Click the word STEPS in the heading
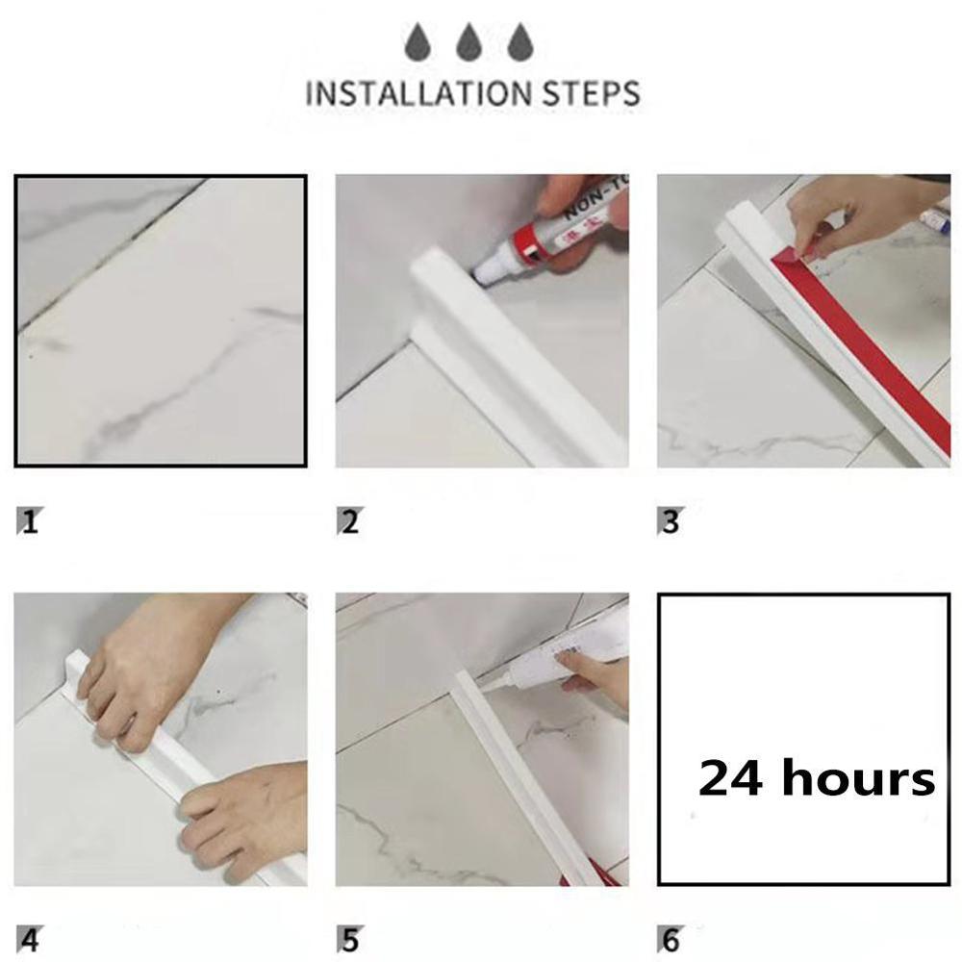tap(586, 93)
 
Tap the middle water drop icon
tap(469, 43)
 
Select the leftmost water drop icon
tap(418, 43)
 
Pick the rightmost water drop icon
tap(520, 43)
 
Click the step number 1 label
tap(30, 522)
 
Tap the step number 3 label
tap(671, 522)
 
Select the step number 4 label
tap(30, 939)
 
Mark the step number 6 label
tap(671, 939)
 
